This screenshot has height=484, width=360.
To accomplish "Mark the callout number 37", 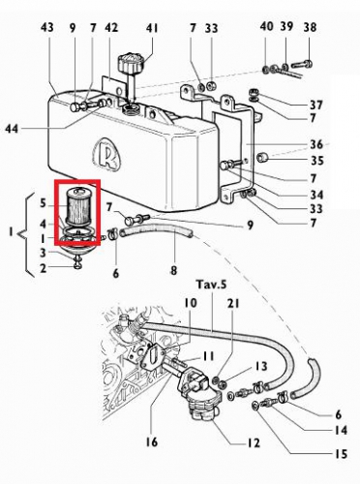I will [x=316, y=104].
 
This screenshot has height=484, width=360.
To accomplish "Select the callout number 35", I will [x=316, y=161].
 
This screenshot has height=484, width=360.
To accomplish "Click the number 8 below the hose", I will [x=175, y=272].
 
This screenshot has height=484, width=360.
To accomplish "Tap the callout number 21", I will [x=232, y=304].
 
